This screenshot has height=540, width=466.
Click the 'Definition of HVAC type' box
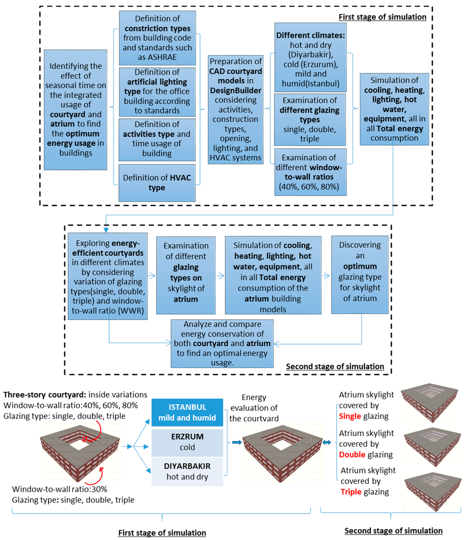(157, 183)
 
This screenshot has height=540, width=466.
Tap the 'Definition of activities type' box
(157, 139)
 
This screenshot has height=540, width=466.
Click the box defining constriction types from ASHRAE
(157, 38)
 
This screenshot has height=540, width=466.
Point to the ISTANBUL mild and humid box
(187, 412)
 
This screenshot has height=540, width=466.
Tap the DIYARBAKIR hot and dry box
(187, 472)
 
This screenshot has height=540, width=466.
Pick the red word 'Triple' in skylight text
(351, 491)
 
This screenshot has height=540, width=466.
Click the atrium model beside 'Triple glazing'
(431, 488)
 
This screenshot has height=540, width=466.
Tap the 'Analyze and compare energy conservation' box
(222, 343)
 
